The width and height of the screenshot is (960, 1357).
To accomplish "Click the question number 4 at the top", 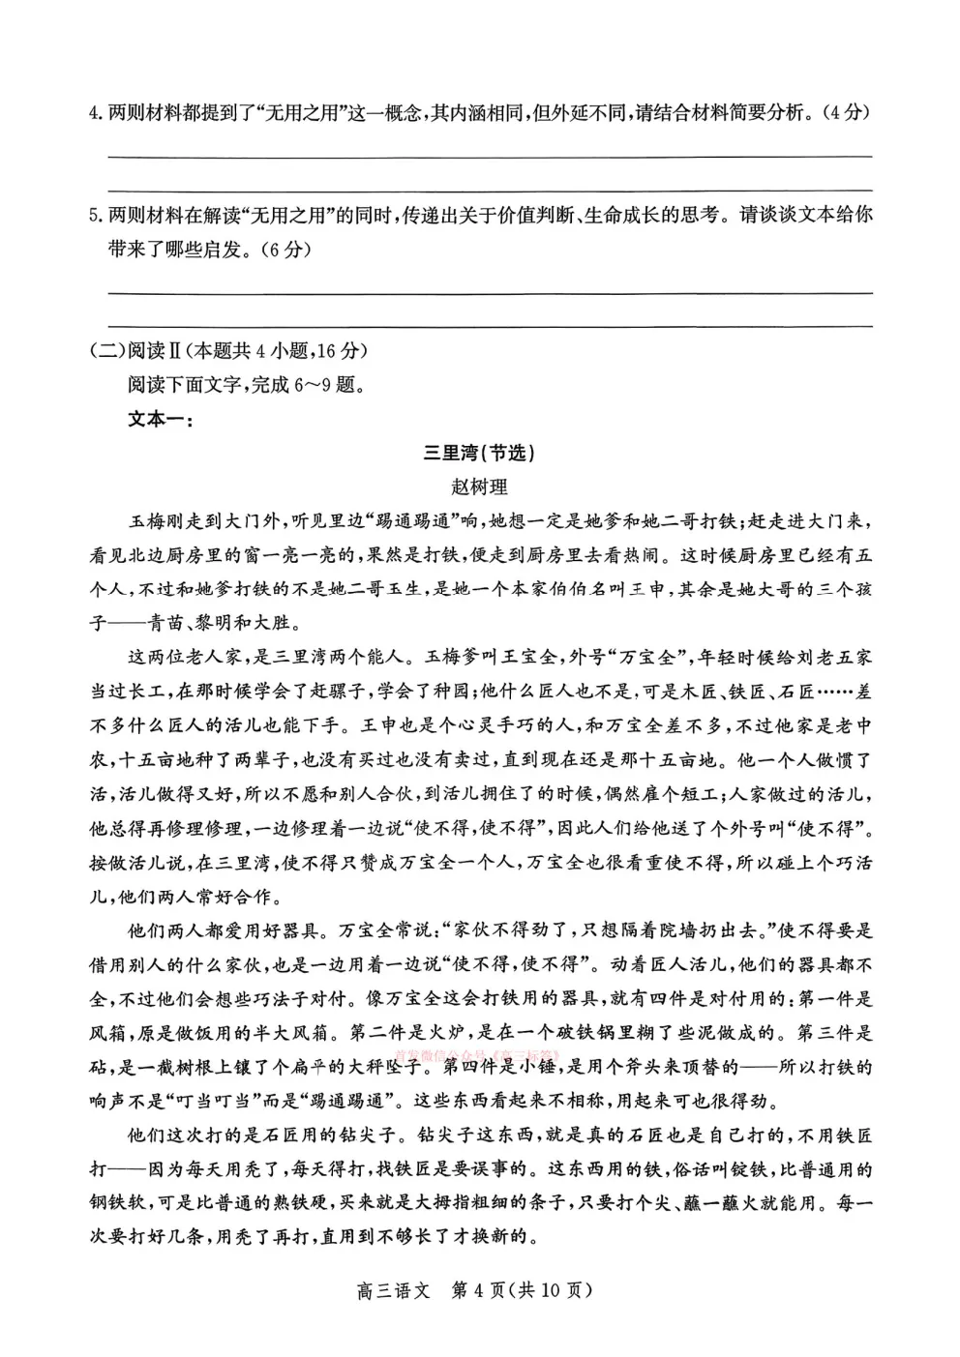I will tap(93, 113).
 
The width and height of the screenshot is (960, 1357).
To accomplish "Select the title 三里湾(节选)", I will tap(479, 454).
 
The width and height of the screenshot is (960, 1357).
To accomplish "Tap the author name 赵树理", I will tap(479, 487).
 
